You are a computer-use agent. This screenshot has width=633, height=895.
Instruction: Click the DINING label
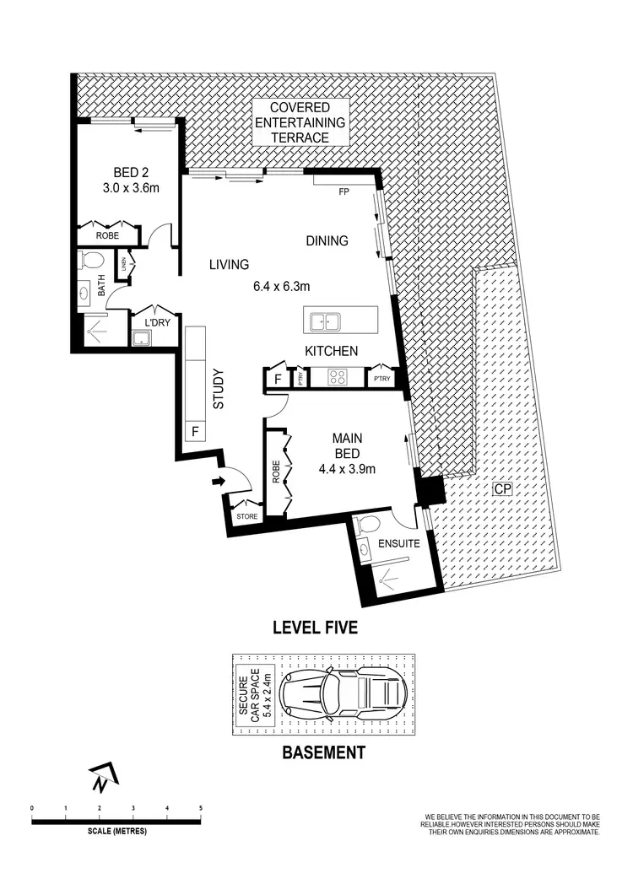[327, 241]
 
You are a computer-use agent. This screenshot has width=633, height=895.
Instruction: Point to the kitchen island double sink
[324, 321]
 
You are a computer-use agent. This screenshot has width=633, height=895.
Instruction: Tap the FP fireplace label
[344, 191]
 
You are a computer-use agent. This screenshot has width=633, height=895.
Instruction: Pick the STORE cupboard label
[246, 516]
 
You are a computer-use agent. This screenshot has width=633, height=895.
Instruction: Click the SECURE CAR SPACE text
[256, 693]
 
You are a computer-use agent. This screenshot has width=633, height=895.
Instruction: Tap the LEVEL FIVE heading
[315, 627]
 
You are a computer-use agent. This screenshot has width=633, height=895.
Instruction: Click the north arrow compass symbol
[103, 777]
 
